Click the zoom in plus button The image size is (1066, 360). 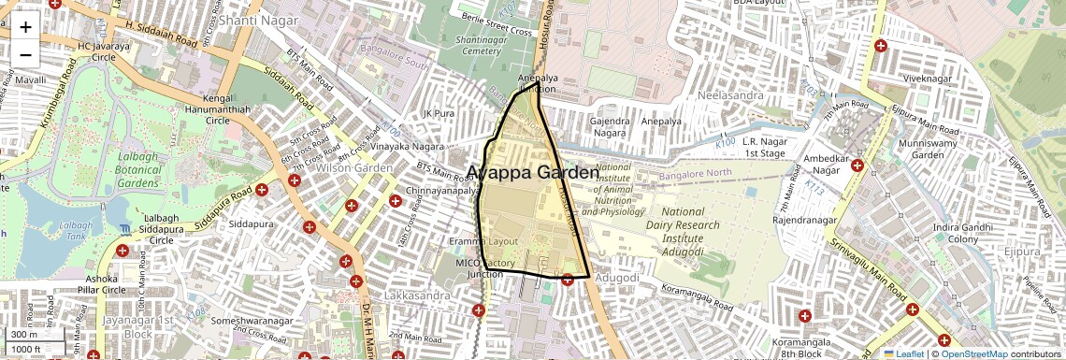pyautogui.click(x=25, y=27)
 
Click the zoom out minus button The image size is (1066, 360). pyautogui.click(x=25, y=54)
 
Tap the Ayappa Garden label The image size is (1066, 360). pyautogui.click(x=532, y=173)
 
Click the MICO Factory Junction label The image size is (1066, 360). pyautogui.click(x=485, y=268)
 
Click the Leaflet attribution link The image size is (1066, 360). pyautogui.click(x=903, y=353)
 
